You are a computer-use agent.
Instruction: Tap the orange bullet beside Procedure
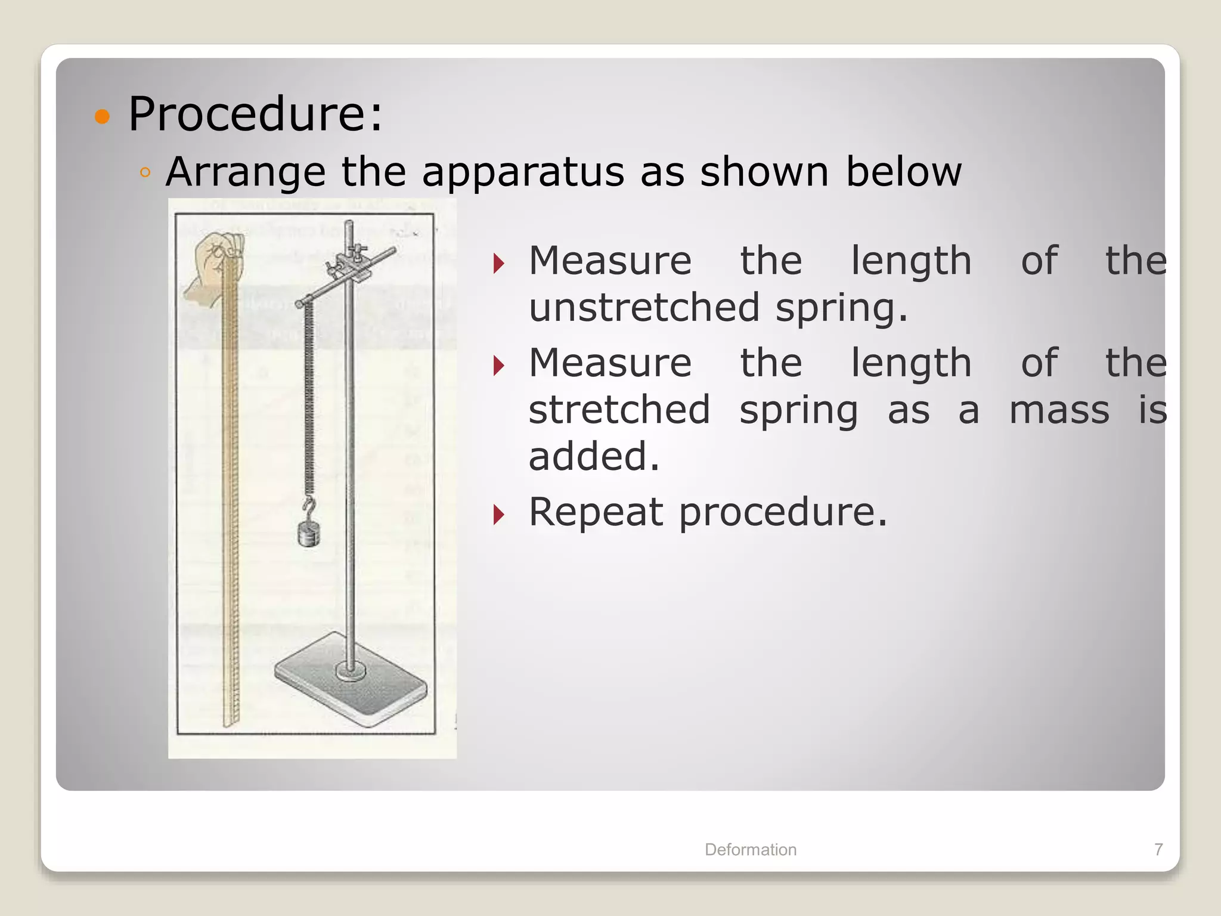(103, 116)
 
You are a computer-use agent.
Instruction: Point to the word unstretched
(644, 308)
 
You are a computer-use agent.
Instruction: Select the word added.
(594, 457)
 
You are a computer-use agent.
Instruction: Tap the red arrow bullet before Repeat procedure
(499, 514)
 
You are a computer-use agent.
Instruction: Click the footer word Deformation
(750, 849)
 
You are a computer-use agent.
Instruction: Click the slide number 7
(1158, 849)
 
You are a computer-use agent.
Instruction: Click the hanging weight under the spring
(309, 535)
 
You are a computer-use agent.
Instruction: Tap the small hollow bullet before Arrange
(144, 174)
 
